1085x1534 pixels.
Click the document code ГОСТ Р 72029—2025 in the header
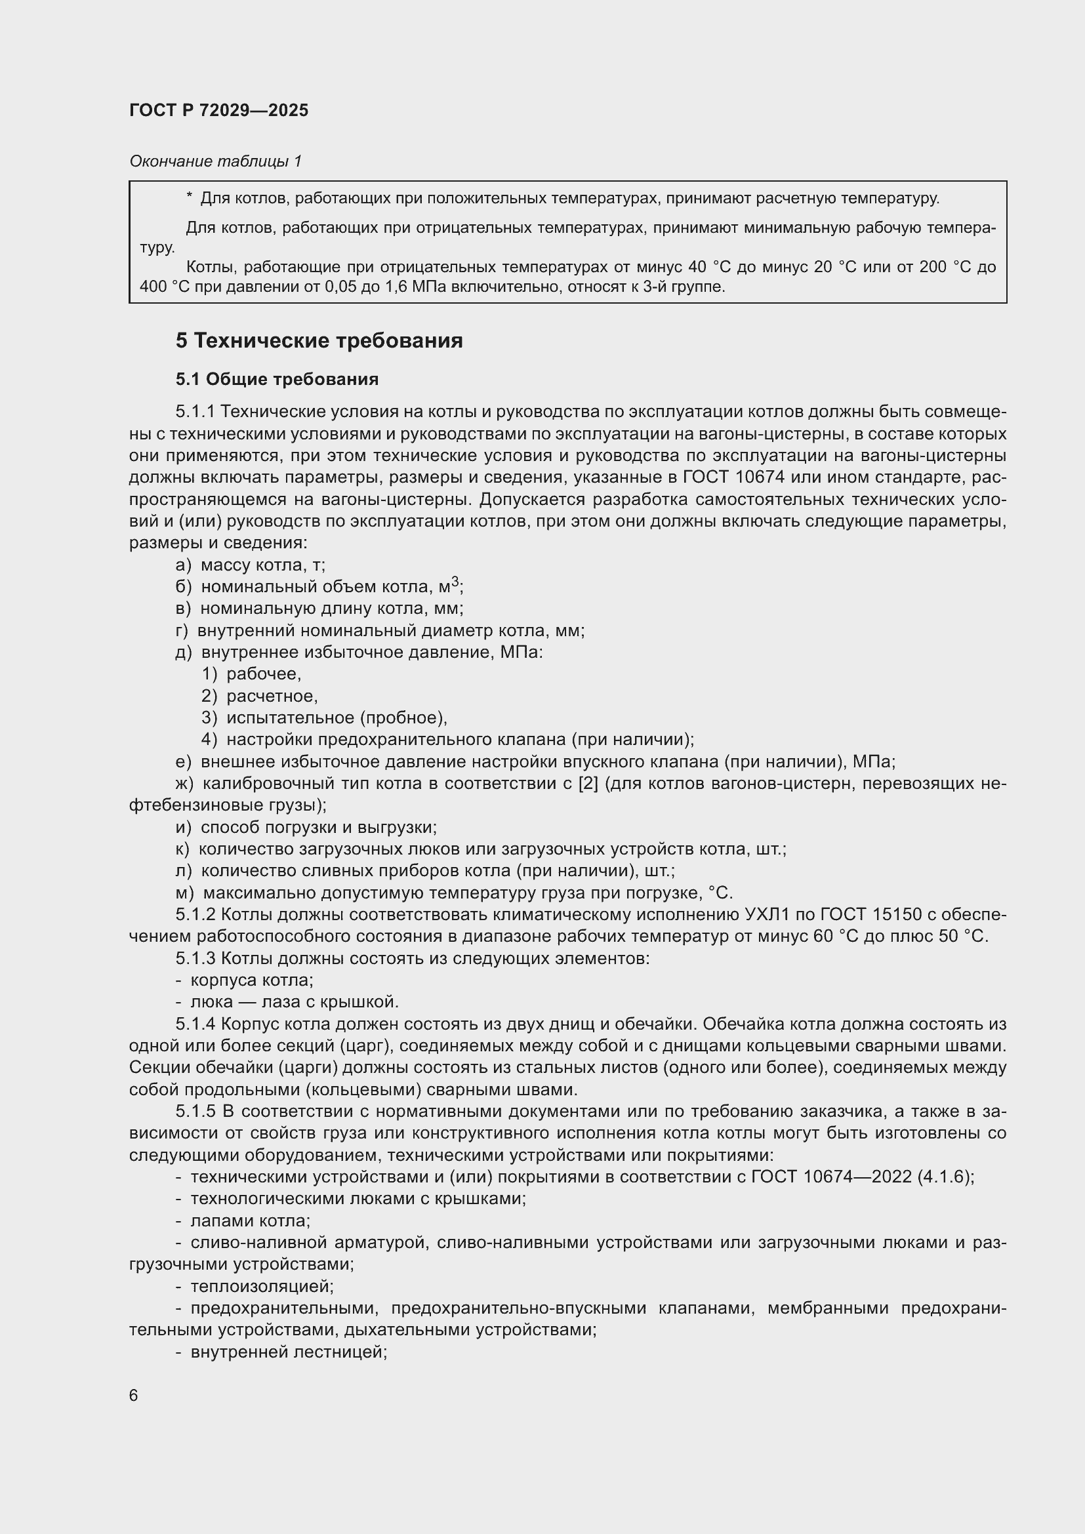[218, 111]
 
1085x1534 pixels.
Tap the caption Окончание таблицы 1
[215, 161]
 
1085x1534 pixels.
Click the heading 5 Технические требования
[319, 341]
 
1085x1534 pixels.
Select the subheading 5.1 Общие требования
[277, 380]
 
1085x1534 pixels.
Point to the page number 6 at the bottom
[134, 1396]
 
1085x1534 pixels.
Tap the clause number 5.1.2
[195, 915]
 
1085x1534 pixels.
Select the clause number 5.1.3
[195, 959]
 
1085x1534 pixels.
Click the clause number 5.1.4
[195, 1024]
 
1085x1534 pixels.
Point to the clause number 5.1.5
[195, 1112]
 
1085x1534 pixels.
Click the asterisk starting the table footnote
[189, 198]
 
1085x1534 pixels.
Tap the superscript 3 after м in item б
[455, 582]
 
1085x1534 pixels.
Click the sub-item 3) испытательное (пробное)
[324, 718]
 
